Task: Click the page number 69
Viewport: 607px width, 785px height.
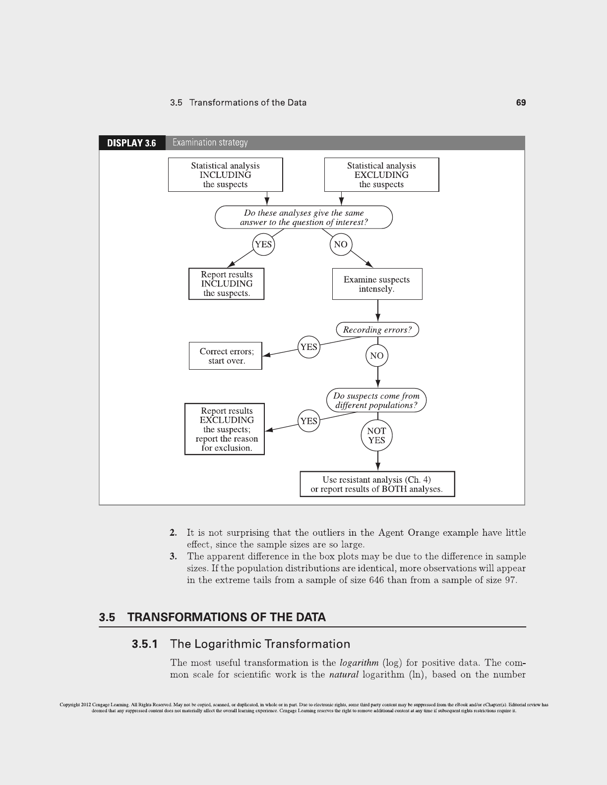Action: coord(521,103)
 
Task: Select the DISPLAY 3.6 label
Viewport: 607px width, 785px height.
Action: coord(132,143)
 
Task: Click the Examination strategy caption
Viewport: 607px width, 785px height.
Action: coord(210,143)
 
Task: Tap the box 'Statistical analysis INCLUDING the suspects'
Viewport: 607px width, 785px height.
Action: coord(225,175)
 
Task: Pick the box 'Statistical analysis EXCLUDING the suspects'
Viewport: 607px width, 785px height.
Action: coord(381,175)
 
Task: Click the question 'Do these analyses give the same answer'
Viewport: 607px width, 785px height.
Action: coord(303,218)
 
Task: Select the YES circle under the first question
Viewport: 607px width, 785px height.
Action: coord(263,244)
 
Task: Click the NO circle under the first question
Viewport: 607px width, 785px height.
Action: coord(341,244)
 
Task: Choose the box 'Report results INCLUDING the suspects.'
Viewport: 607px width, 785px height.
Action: coord(226,284)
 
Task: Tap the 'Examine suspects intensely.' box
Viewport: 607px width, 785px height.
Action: coord(377,284)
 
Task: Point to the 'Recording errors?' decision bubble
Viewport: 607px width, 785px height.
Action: coord(377,330)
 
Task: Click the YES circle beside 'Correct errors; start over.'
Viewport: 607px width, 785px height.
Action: coord(308,347)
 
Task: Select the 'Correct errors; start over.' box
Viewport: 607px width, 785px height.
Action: coord(226,356)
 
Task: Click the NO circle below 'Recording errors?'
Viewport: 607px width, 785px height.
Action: coord(377,356)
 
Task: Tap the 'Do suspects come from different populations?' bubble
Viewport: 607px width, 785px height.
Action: coord(376,400)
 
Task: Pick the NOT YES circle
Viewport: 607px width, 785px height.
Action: coord(376,436)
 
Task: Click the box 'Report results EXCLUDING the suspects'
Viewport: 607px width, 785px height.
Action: coord(225,429)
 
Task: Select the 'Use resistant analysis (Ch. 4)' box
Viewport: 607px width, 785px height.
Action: coord(377,484)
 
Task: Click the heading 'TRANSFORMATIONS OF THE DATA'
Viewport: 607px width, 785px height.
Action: coord(227,617)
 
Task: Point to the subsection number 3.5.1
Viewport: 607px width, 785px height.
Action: coord(145,644)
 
